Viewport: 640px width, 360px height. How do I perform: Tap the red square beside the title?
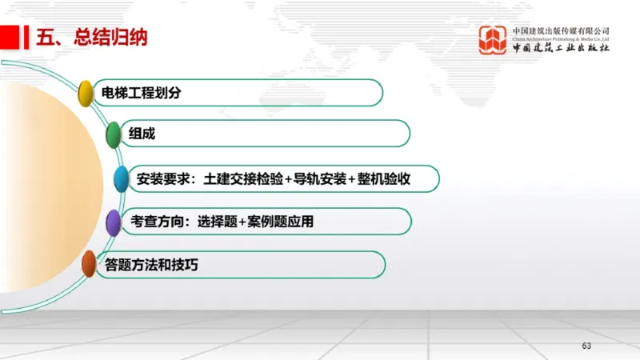pos(10,37)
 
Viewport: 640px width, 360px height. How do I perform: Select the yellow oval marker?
pos(86,92)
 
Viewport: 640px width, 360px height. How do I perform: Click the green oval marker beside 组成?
pos(114,135)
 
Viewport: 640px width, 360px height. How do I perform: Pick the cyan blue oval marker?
pos(121,179)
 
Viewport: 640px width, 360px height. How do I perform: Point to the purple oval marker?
pos(114,222)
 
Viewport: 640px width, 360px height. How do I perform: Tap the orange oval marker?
pos(89,264)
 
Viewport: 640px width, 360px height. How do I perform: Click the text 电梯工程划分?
pos(137,93)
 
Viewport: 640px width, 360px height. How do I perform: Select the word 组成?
pos(142,134)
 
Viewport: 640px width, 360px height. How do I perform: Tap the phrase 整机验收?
pos(385,178)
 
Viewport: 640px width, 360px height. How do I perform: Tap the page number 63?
pos(586,346)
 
